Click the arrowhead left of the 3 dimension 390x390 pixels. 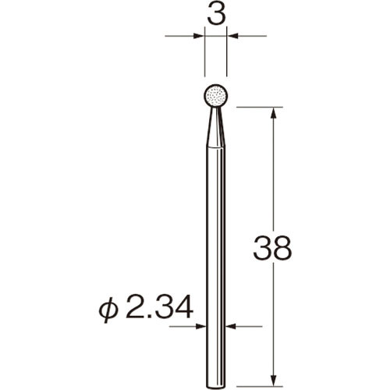point(199,35)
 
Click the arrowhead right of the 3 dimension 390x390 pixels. point(233,35)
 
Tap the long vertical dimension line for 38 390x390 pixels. point(273,179)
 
